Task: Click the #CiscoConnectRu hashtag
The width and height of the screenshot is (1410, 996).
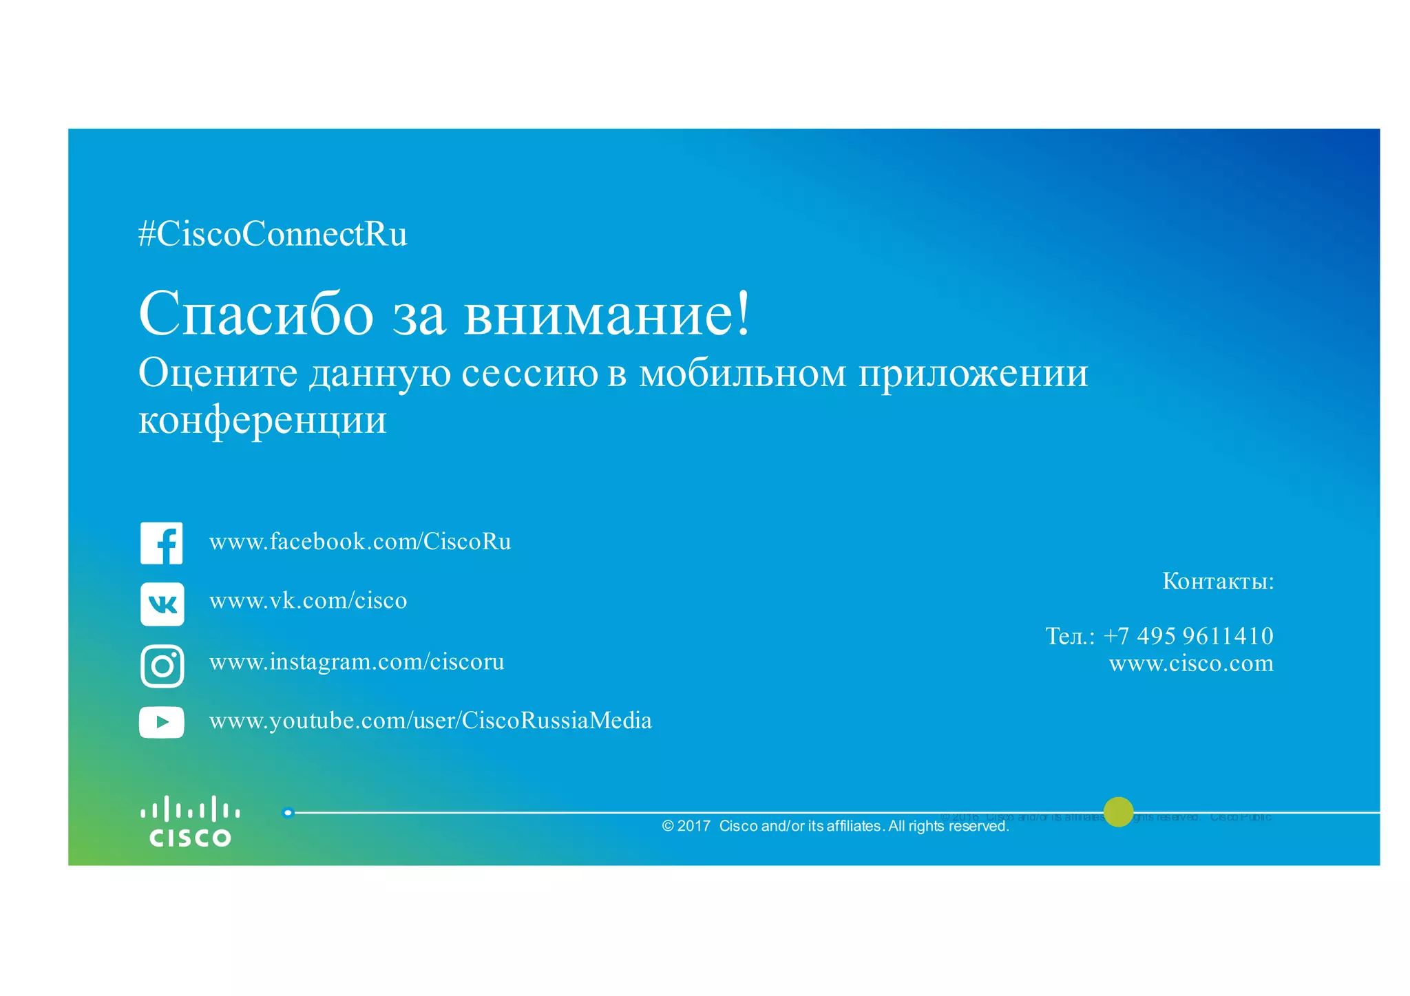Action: click(x=273, y=235)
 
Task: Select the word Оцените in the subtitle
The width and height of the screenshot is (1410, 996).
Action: click(x=218, y=373)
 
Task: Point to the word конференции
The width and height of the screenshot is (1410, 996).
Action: click(x=262, y=420)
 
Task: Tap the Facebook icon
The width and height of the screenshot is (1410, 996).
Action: click(x=162, y=543)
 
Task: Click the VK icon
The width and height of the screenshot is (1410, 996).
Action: click(x=162, y=604)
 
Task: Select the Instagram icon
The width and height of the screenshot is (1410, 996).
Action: click(x=162, y=666)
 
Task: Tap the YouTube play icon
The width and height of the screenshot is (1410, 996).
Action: click(x=162, y=722)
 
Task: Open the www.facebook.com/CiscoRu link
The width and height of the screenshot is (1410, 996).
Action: click(x=360, y=542)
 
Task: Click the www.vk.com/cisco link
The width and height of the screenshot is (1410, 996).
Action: click(x=308, y=601)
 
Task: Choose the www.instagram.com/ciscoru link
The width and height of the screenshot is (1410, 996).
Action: click(x=357, y=662)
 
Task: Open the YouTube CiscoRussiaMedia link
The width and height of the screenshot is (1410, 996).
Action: click(x=430, y=721)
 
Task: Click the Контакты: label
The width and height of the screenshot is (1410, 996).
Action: click(x=1218, y=581)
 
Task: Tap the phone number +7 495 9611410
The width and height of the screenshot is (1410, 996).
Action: click(x=1188, y=635)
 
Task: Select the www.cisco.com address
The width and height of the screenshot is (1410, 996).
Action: click(x=1191, y=664)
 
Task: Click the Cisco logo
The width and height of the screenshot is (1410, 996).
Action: click(x=190, y=821)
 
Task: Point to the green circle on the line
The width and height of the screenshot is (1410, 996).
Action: click(x=1118, y=812)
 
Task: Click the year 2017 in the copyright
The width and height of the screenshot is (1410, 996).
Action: click(x=693, y=826)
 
